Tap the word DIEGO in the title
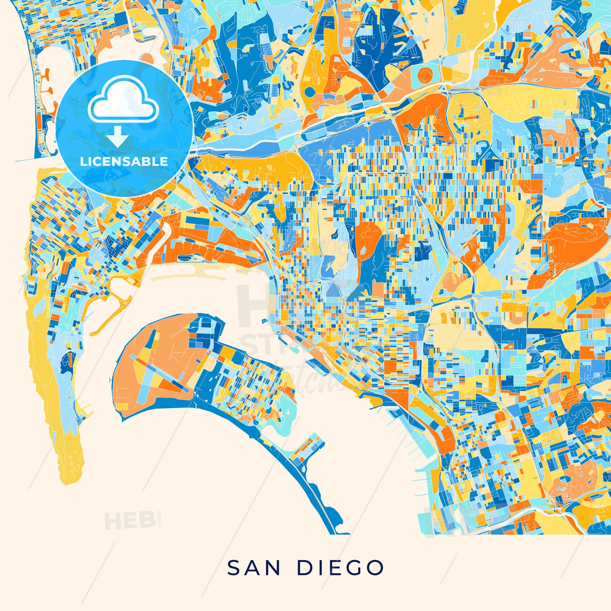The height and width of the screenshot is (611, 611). (341, 568)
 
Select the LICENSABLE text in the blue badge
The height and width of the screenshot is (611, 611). (124, 161)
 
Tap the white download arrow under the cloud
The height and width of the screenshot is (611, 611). (118, 137)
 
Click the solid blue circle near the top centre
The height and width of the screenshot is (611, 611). (310, 92)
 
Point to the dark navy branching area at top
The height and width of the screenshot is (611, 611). (378, 47)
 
